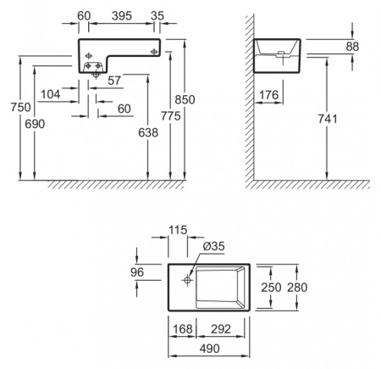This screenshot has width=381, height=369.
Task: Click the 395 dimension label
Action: (x=122, y=16)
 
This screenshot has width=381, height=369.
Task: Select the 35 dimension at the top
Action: (x=157, y=16)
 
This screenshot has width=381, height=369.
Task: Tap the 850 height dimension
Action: (x=185, y=99)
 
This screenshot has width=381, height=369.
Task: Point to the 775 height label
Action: (x=171, y=116)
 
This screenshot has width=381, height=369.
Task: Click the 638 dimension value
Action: (x=148, y=132)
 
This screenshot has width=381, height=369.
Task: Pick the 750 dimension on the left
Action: (x=20, y=107)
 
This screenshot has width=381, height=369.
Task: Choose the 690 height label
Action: (x=35, y=124)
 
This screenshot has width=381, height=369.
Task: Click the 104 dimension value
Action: (x=51, y=94)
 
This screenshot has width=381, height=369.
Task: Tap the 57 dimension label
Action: (x=114, y=81)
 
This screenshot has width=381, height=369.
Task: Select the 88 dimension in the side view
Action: (x=352, y=47)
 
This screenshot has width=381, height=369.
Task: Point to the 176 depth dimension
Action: (x=268, y=95)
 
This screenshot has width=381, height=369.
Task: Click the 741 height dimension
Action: (x=328, y=119)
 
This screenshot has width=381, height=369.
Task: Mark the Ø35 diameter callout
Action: (x=213, y=246)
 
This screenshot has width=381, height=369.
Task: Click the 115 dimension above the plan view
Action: (x=178, y=230)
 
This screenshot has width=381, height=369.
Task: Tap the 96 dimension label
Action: (x=137, y=272)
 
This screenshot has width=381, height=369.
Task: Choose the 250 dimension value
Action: (x=271, y=288)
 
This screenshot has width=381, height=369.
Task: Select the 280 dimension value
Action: (x=297, y=288)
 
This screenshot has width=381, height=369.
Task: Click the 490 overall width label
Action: (x=209, y=349)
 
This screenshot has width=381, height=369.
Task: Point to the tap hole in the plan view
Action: (x=187, y=280)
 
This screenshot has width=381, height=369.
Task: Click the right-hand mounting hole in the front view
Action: (x=154, y=52)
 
